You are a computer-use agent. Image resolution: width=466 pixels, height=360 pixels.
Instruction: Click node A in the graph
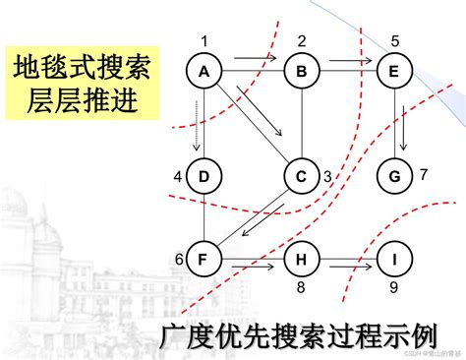click(x=204, y=71)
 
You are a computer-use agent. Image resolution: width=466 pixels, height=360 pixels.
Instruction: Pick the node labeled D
click(x=204, y=176)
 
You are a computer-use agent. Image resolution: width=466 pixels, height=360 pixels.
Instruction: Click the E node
click(x=393, y=71)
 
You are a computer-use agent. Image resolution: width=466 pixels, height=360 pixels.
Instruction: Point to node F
click(x=204, y=260)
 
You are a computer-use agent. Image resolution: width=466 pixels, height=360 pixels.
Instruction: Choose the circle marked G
click(x=393, y=176)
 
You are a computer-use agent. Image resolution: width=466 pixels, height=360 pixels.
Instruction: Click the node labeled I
click(x=393, y=260)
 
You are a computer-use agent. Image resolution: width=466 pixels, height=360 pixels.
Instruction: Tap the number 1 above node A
click(x=204, y=40)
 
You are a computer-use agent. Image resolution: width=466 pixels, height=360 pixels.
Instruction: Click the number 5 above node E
click(x=393, y=40)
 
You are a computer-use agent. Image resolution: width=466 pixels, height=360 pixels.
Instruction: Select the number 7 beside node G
click(x=424, y=175)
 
